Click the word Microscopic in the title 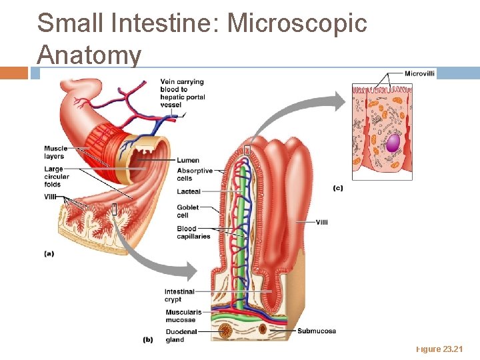[297, 23]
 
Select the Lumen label [187, 160]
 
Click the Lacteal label [189, 192]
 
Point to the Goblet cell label [187, 211]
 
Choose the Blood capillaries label [193, 233]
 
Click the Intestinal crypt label [179, 295]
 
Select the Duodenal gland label [181, 335]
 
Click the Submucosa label [316, 331]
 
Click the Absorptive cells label [195, 175]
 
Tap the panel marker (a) [49, 253]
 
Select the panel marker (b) [149, 339]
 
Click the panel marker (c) [337, 188]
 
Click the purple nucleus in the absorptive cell [393, 143]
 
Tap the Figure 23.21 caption [439, 349]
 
